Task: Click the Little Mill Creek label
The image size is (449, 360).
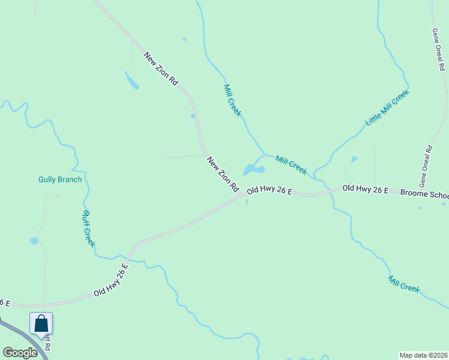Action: [387, 107]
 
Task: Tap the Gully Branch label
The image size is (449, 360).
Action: [60, 179]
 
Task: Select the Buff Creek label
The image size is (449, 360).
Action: [88, 228]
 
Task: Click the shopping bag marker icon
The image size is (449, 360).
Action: [41, 324]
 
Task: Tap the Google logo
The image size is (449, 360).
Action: [20, 353]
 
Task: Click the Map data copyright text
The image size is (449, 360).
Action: [424, 355]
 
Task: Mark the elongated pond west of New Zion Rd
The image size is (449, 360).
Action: [132, 80]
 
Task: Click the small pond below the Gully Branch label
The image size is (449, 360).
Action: [34, 241]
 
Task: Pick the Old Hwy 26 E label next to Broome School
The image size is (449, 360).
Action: [365, 189]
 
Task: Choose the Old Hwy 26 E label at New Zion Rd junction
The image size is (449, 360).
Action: [270, 190]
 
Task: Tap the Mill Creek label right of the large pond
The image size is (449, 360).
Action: [291, 165]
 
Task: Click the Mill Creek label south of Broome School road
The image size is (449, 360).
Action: [403, 283]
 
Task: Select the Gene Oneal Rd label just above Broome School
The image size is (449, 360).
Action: [427, 164]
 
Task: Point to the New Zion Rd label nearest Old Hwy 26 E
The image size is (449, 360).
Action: [223, 174]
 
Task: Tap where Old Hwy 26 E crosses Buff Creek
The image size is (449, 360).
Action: [128, 259]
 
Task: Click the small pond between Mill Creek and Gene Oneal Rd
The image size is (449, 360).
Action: [354, 160]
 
